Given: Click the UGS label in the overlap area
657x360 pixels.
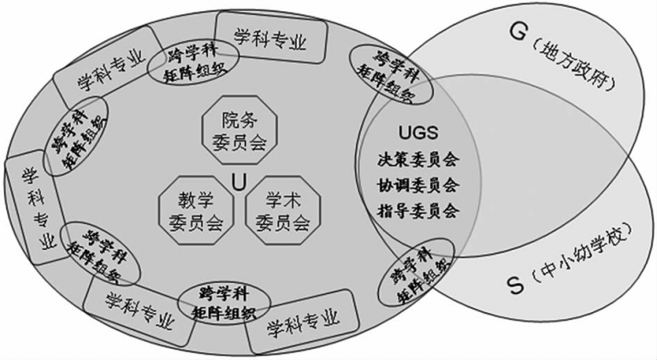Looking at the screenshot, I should tap(418, 134).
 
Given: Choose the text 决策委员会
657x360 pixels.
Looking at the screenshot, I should tap(418, 160).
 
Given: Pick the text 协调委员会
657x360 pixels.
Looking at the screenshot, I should tap(418, 185).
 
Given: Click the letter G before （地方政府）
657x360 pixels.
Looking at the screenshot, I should tap(517, 31).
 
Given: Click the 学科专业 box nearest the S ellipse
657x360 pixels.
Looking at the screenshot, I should tap(302, 323).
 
